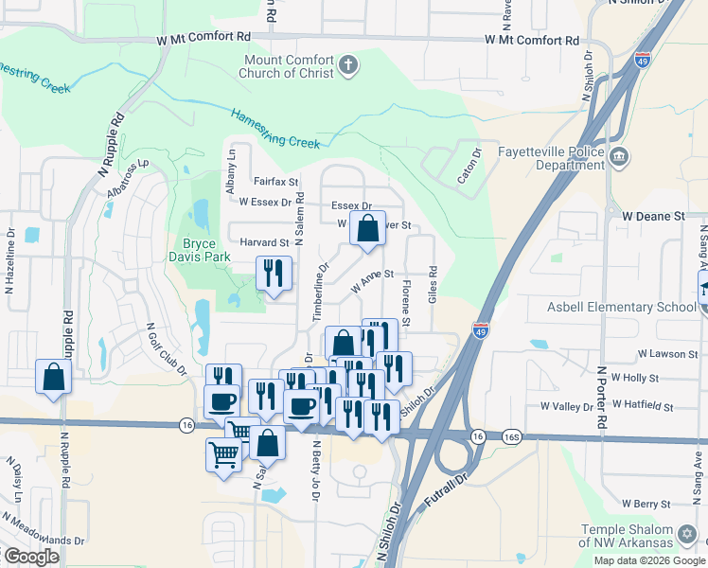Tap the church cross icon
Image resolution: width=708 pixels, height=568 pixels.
click(348, 66)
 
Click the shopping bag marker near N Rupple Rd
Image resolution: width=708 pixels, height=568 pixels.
click(53, 377)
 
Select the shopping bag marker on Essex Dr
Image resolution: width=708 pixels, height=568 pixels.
click(366, 228)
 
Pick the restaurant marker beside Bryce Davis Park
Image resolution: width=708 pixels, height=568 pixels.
click(274, 275)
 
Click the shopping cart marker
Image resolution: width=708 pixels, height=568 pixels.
click(223, 454)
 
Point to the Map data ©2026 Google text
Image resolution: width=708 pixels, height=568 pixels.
click(649, 559)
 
